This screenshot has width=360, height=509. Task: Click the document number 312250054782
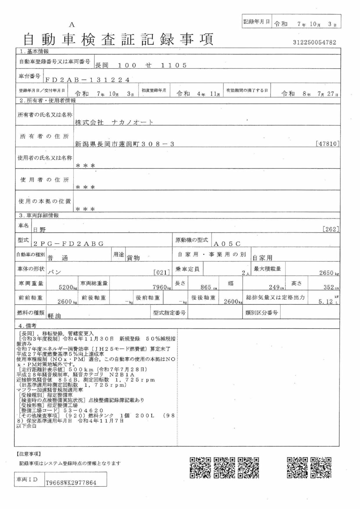(314, 42)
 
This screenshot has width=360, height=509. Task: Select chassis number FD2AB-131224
(87, 80)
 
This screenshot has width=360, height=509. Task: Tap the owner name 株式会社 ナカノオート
(114, 122)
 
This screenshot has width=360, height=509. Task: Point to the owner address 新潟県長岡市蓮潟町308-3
(124, 144)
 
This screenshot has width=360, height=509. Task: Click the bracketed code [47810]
(328, 144)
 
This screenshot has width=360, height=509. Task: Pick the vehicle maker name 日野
(39, 230)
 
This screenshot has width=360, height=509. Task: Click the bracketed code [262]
(331, 229)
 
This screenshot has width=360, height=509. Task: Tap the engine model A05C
(227, 244)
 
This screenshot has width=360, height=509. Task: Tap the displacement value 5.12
(325, 302)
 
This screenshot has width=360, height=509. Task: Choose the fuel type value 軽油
(54, 316)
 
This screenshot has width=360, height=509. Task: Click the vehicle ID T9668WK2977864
(71, 483)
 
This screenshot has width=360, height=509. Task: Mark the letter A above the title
(71, 25)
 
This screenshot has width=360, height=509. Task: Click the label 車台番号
(29, 76)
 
